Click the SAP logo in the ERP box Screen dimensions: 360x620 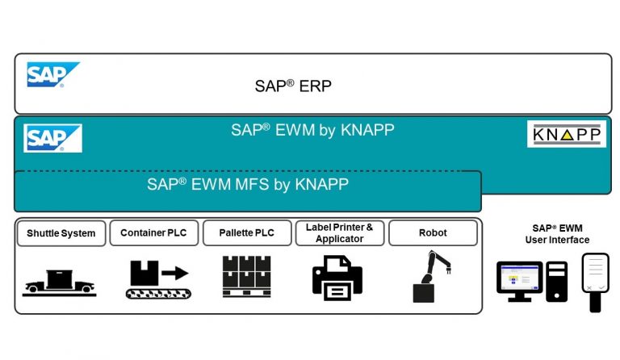(x=52, y=74)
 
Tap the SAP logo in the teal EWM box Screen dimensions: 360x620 (x=52, y=137)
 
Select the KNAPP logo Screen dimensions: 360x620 (x=567, y=134)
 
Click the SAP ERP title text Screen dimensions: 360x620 (x=293, y=86)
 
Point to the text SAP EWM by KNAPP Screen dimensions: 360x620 (x=312, y=129)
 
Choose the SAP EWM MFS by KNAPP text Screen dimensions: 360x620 (x=248, y=183)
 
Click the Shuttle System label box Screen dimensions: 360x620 (x=61, y=233)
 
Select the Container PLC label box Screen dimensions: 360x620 (x=153, y=233)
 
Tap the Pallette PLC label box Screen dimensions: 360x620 (x=246, y=233)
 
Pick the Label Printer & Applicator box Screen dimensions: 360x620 (x=339, y=233)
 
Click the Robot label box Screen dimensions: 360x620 (x=433, y=233)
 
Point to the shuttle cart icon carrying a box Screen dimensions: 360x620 (x=60, y=282)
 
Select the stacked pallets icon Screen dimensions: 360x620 (x=246, y=277)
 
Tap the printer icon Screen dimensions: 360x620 (x=337, y=278)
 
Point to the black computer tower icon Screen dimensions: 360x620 (x=556, y=282)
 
